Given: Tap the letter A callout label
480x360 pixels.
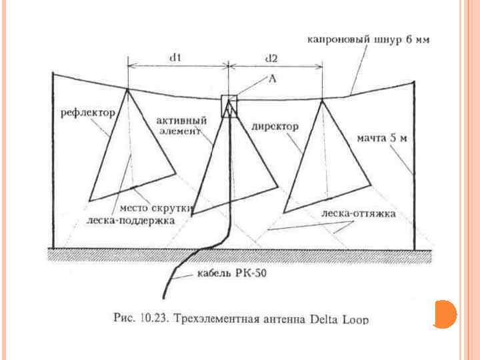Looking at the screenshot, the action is (272, 78).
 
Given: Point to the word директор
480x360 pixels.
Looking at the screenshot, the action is (275, 125).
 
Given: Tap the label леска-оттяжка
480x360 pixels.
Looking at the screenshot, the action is (358, 214).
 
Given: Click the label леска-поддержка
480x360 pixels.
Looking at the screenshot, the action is (131, 219).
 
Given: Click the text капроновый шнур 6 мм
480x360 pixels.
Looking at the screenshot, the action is (368, 40).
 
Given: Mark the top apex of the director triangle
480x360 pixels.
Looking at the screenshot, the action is (323, 101).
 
